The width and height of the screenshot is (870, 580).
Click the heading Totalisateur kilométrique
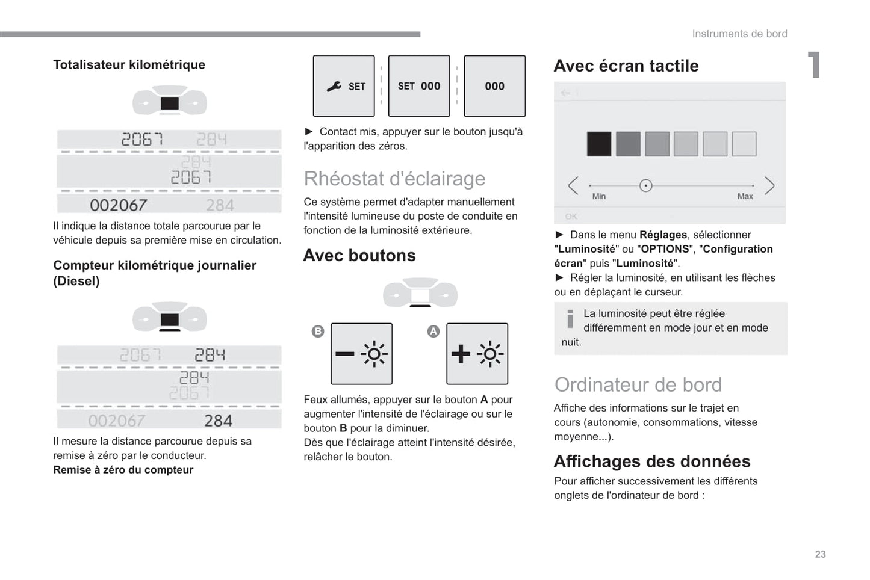[x=129, y=65]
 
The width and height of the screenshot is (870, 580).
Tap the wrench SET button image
[x=344, y=86]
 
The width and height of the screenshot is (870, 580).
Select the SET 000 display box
[x=419, y=86]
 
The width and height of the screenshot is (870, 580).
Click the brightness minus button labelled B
[x=361, y=354]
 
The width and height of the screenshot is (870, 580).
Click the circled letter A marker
[x=433, y=331]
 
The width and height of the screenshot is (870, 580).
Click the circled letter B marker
[x=318, y=331]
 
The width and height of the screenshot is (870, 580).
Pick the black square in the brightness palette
[x=598, y=144]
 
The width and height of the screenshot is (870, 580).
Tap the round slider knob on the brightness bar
[x=645, y=185]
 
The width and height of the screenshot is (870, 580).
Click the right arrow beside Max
[x=769, y=185]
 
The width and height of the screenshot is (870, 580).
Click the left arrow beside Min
[x=573, y=185]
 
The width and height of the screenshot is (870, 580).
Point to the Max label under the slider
[x=745, y=196]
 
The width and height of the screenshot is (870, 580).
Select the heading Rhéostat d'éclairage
[x=394, y=179]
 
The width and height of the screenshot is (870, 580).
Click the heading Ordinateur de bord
[x=638, y=385]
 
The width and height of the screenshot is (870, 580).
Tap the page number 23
[x=820, y=554]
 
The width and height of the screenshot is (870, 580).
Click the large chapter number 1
[x=813, y=65]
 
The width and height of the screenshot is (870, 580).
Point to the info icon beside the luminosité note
[x=570, y=318]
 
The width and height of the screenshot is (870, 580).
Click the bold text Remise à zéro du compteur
[x=123, y=470]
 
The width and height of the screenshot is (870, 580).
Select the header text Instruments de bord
[x=739, y=34]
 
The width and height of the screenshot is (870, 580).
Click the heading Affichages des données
[x=651, y=461]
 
